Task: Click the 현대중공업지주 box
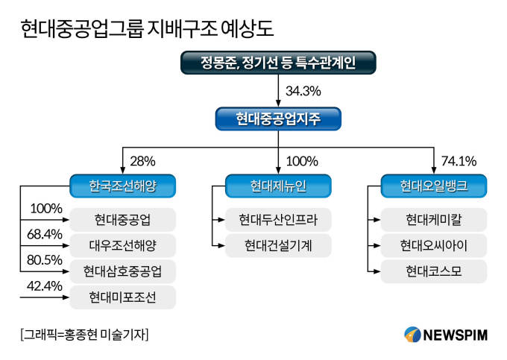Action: [x=278, y=119]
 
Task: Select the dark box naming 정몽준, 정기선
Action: [x=278, y=63]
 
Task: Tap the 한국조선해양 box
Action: [x=122, y=186]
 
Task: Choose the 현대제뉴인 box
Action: [x=278, y=186]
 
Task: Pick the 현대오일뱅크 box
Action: [x=434, y=186]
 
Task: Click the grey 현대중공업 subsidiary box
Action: [x=122, y=220]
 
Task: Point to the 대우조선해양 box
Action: [x=122, y=246]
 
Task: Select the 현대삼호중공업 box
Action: [x=122, y=271]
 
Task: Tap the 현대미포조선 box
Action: [x=122, y=297]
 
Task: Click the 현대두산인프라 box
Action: [x=278, y=220]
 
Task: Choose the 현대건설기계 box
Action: [x=278, y=246]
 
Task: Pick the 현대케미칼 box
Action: [x=434, y=220]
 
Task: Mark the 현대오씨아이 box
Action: [x=434, y=246]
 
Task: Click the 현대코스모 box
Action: [x=434, y=271]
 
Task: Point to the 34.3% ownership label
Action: [x=303, y=91]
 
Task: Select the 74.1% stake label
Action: [x=459, y=161]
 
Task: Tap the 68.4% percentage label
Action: [x=45, y=234]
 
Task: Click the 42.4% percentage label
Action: [x=45, y=286]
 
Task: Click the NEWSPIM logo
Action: [x=446, y=335]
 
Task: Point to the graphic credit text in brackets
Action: [x=84, y=335]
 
